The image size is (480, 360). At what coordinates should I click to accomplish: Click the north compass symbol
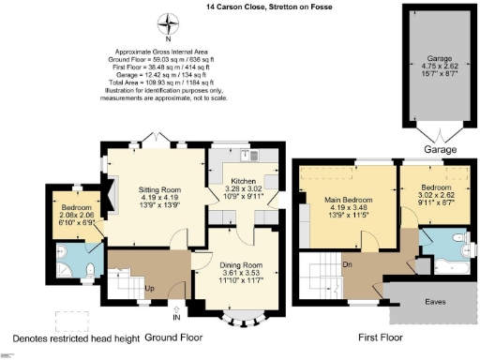[169, 24]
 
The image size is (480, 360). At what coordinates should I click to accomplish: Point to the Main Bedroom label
[345, 199]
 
